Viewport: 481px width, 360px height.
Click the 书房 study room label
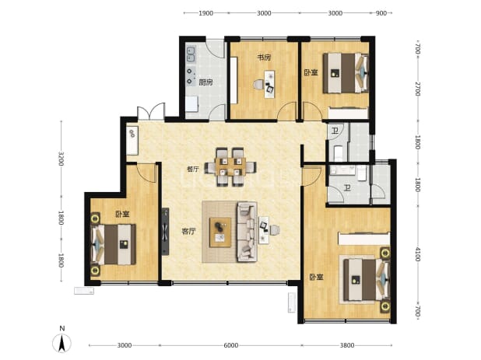(x=264, y=58)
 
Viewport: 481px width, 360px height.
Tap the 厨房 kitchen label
(x=205, y=82)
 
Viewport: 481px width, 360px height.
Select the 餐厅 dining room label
(x=193, y=169)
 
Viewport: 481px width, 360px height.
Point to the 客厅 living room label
(x=188, y=232)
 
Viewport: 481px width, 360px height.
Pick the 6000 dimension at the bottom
(x=230, y=345)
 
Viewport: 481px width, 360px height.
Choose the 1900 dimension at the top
(x=205, y=13)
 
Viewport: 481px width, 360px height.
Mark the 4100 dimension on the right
(x=417, y=254)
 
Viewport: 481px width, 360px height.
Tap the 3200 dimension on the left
(x=61, y=159)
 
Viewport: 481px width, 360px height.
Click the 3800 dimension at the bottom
(x=347, y=345)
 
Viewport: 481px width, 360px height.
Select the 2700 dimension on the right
(x=417, y=89)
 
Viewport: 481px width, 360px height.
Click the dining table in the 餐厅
(x=230, y=166)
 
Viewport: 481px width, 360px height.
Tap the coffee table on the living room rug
(x=220, y=232)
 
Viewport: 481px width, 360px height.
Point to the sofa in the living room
(x=247, y=232)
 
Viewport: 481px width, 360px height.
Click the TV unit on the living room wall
(x=165, y=232)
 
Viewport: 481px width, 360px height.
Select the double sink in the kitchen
(x=191, y=54)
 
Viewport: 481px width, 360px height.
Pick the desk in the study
(x=269, y=84)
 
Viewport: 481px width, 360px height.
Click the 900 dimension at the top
(x=381, y=13)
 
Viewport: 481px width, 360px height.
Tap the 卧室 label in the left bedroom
(x=122, y=214)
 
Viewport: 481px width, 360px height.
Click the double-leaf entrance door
(x=151, y=111)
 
